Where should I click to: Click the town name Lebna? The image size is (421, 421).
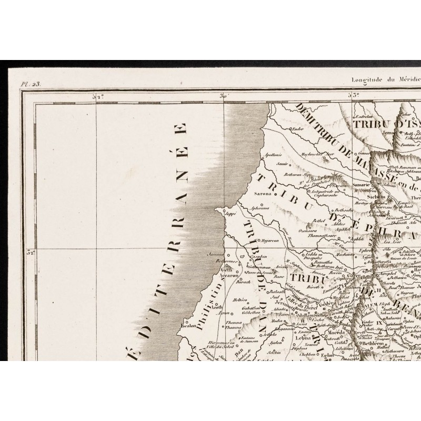click(x=301, y=339)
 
